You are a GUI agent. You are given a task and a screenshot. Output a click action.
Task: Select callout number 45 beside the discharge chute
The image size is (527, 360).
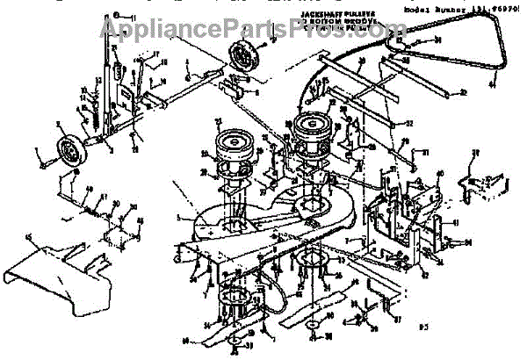point(32,236)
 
